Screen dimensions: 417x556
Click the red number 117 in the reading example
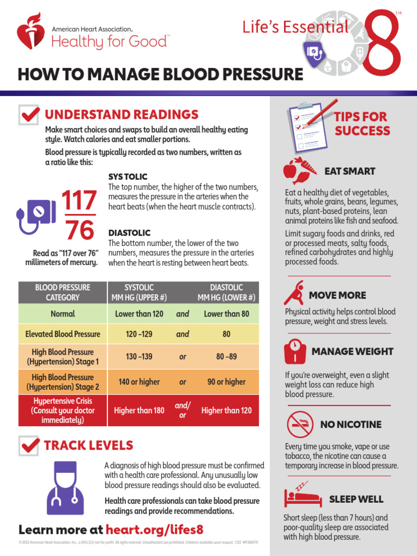(79, 201)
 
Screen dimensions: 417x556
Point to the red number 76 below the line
(79, 231)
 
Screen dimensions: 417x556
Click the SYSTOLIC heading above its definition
(128, 177)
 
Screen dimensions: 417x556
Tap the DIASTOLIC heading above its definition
(129, 233)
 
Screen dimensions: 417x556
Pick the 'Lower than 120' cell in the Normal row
(139, 314)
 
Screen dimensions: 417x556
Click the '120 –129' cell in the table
(139, 334)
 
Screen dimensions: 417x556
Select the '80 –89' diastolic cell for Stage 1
(226, 357)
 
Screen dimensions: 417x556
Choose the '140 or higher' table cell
(139, 382)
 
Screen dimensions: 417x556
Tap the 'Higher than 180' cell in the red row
(139, 410)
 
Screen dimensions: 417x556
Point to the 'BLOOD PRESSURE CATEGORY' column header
(62, 293)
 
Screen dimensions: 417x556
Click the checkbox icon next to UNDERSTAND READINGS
(29, 115)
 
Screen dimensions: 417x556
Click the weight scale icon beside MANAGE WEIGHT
(295, 352)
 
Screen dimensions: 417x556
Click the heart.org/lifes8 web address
(155, 529)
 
